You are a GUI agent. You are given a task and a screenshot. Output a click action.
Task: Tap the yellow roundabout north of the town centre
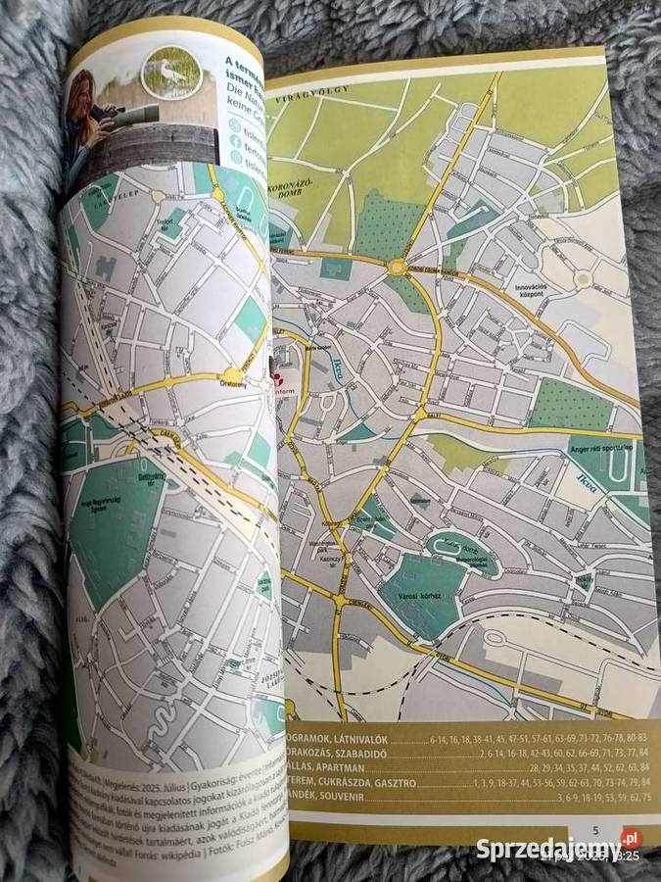point(397,267)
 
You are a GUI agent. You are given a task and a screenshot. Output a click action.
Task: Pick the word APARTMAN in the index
point(343,767)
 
